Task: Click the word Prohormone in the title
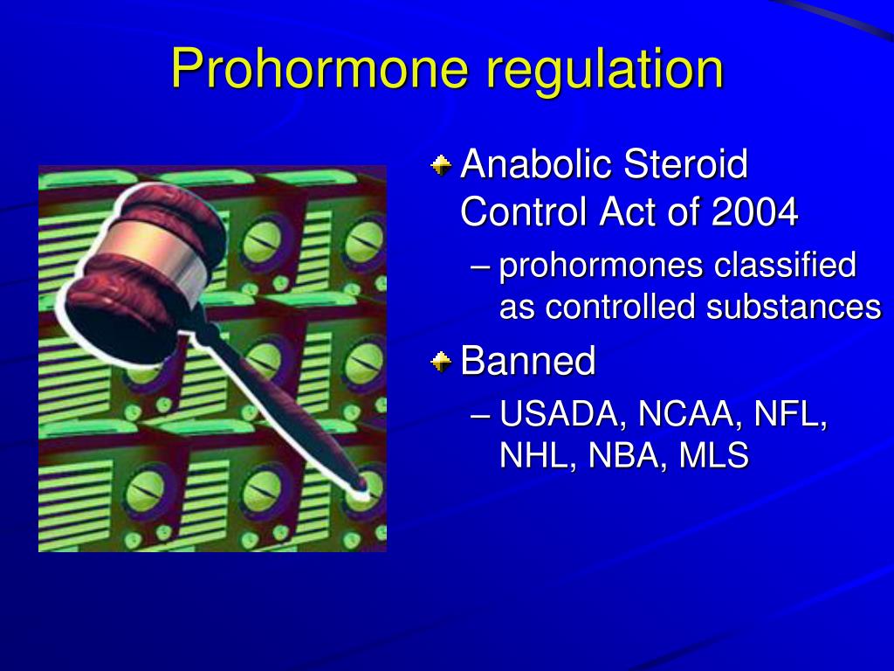(x=320, y=68)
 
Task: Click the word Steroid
(x=685, y=164)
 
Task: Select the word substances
(x=794, y=307)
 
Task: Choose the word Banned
(x=528, y=361)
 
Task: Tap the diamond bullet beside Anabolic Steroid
(x=441, y=166)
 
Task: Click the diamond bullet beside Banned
(x=441, y=361)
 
